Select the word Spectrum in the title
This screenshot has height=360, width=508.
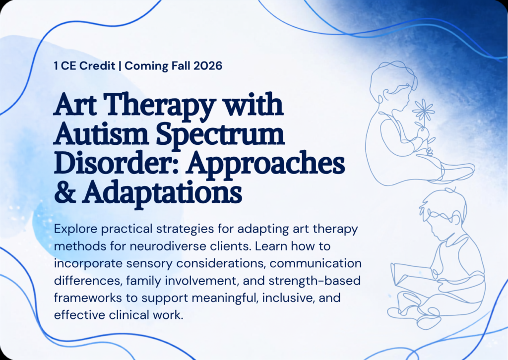[x=220, y=135]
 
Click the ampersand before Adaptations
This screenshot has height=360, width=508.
[x=65, y=192]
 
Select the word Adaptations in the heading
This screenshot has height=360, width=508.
[x=163, y=193]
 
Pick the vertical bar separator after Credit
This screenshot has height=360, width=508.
[x=120, y=66]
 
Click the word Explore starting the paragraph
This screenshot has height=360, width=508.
[x=75, y=230]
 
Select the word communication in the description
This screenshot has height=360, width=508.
[x=316, y=263]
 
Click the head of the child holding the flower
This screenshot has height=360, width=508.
[x=393, y=85]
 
